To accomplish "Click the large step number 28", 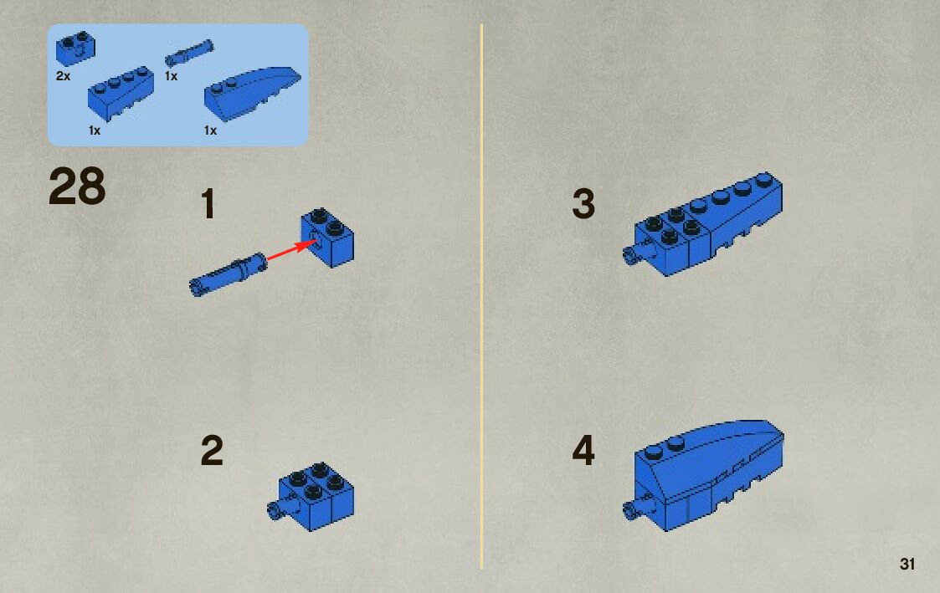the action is (x=77, y=187).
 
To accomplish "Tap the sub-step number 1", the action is (x=208, y=203).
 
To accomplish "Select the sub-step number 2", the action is (x=212, y=451).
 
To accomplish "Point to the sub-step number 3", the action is (x=583, y=203).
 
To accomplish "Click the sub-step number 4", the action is (x=583, y=451).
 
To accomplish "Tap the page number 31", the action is (x=907, y=564).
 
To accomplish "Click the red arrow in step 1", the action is (x=290, y=250).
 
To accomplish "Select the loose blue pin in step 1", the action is (x=228, y=273).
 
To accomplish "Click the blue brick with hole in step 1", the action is (x=327, y=238).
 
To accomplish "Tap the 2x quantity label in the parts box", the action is (x=63, y=76).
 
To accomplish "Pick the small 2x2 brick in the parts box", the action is (x=75, y=48).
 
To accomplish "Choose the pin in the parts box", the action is (x=189, y=53).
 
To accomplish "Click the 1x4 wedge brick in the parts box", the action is (x=121, y=94).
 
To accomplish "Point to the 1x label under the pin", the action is (x=171, y=76).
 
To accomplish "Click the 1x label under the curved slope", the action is (x=210, y=130).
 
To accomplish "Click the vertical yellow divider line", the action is (x=480, y=296).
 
